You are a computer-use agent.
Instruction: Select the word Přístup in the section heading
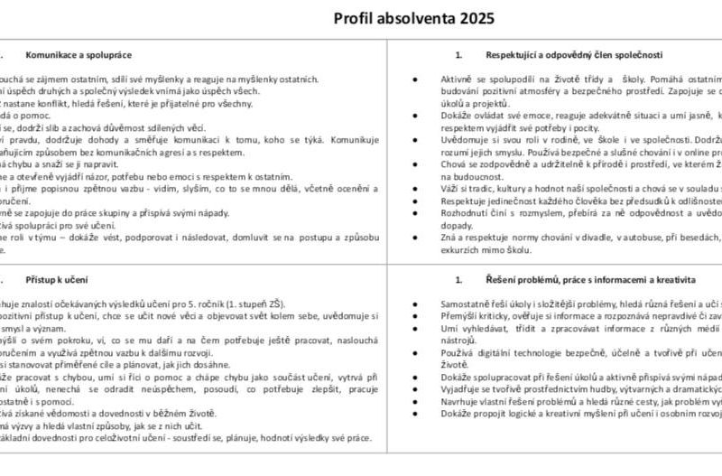(42, 280)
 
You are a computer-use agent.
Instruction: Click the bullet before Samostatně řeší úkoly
(413, 304)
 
